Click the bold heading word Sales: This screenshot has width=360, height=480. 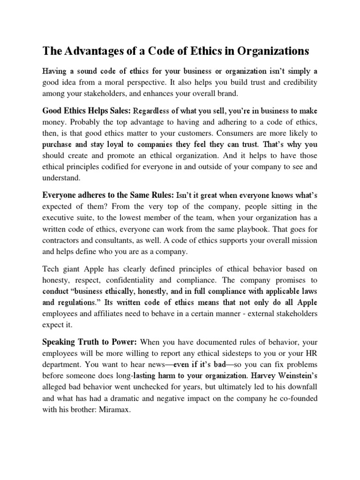(118, 112)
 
